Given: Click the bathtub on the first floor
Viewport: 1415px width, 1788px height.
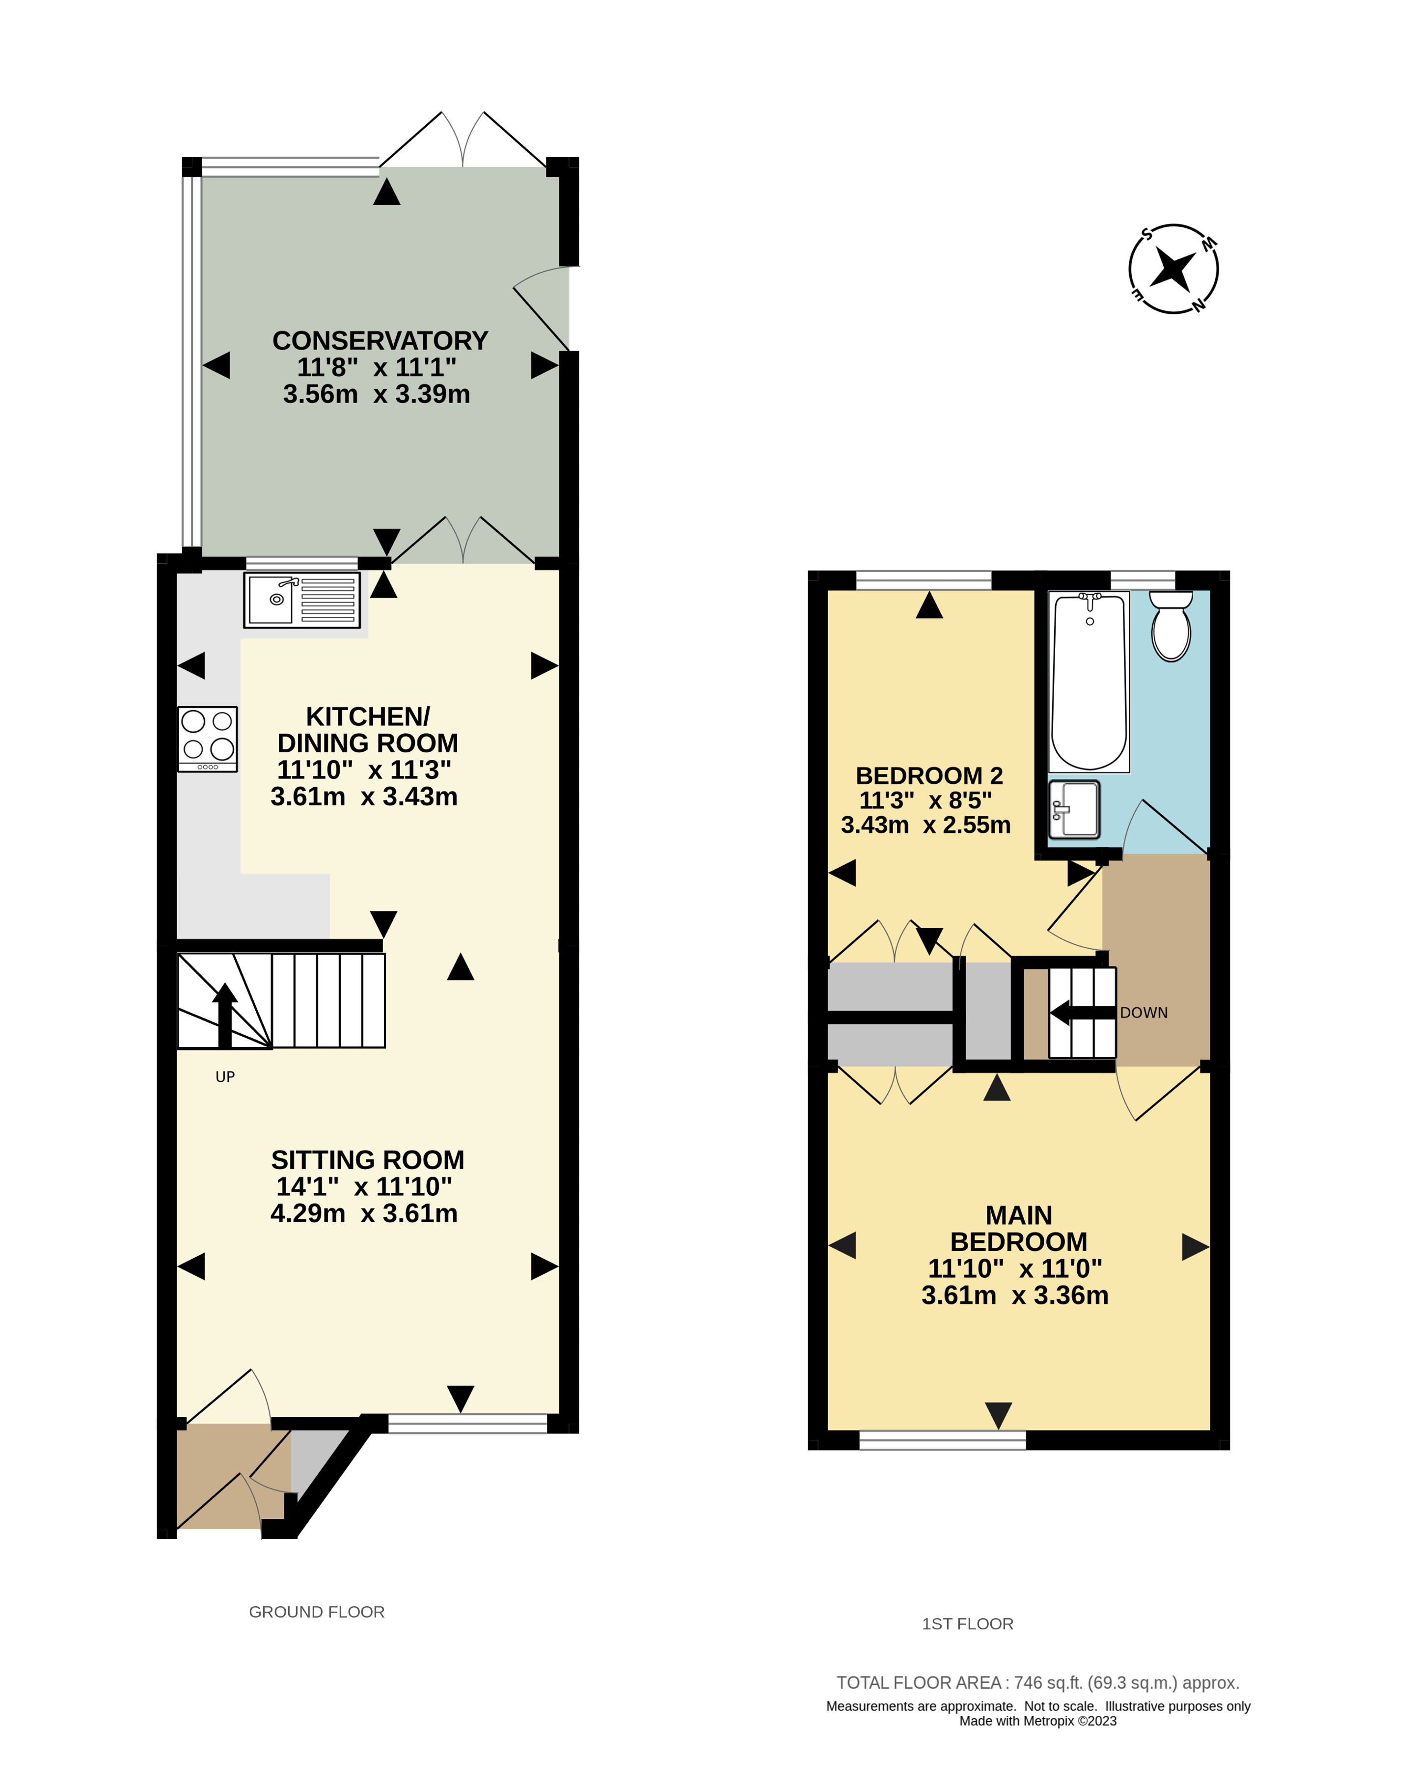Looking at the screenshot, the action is click(1088, 681).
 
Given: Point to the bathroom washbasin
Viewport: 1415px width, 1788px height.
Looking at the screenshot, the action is click(1074, 809).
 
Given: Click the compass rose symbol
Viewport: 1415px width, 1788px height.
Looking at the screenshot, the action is click(1174, 269).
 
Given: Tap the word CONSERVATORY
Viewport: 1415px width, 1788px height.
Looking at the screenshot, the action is click(380, 340).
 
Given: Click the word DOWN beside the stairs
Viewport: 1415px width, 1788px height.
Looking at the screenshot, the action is click(1144, 1013).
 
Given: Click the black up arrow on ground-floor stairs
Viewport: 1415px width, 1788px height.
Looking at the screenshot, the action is click(224, 1015).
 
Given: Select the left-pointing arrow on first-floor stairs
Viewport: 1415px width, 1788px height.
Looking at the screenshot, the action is click(1082, 1013).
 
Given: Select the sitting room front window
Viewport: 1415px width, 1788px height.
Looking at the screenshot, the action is click(468, 1424).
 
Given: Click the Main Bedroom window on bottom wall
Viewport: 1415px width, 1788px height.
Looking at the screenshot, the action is click(943, 1440).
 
